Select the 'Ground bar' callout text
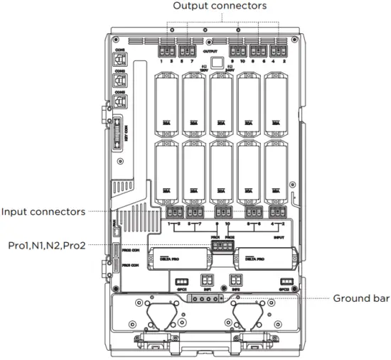[x=361, y=298]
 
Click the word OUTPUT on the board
[x=210, y=52]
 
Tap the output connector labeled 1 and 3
[x=166, y=51]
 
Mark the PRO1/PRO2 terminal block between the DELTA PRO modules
[x=221, y=246]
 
